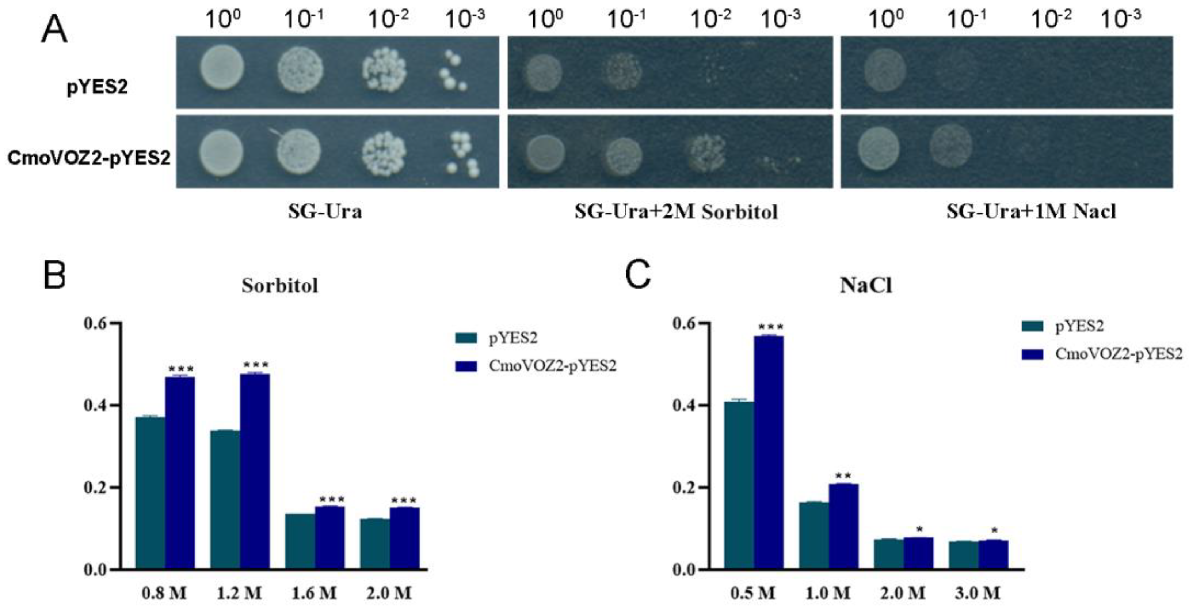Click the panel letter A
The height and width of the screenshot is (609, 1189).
click(54, 31)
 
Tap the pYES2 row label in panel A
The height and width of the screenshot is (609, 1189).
click(97, 86)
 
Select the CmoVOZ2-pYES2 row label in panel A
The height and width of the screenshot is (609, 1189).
click(89, 158)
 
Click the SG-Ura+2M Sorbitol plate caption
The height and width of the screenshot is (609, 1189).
click(676, 212)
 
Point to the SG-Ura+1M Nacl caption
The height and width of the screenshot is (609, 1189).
click(1031, 212)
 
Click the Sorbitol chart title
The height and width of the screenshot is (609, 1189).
click(280, 286)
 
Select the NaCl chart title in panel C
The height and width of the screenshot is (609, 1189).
click(865, 286)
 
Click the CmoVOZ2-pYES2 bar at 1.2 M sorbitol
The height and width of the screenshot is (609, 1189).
click(255, 471)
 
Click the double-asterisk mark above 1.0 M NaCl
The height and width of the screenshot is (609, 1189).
click(843, 475)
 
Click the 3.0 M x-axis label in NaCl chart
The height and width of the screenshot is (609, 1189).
click(978, 593)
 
